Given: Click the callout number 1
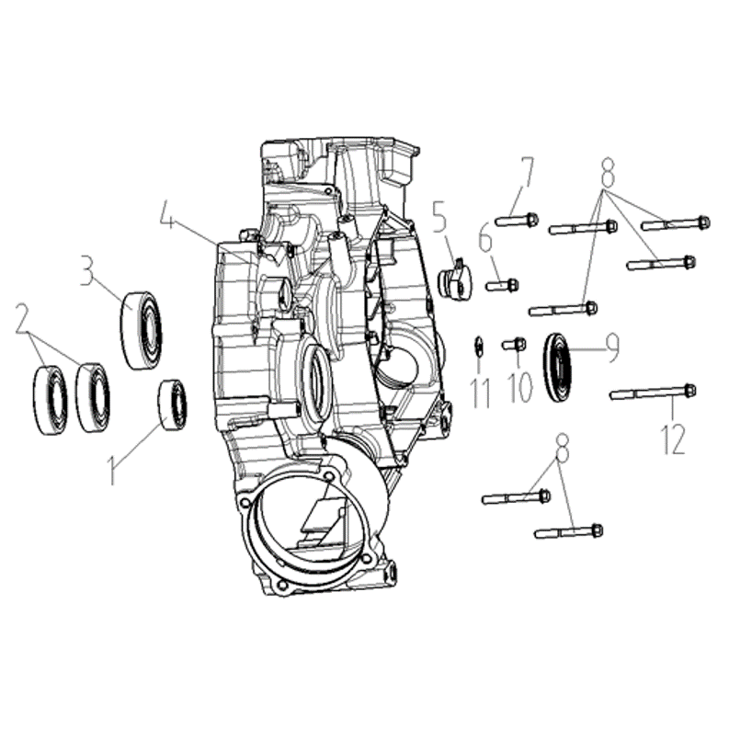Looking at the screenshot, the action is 111,469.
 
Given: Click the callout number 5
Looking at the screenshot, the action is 440,217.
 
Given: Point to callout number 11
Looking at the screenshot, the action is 481,393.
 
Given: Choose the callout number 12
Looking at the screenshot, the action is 672,439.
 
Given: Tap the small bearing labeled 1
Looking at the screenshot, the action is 173,404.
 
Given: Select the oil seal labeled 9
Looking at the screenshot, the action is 558,368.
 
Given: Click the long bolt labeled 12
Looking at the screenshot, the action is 653,393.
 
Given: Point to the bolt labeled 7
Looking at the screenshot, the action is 517,219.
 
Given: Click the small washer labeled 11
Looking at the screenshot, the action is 477,346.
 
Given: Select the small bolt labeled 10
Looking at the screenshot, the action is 514,345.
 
